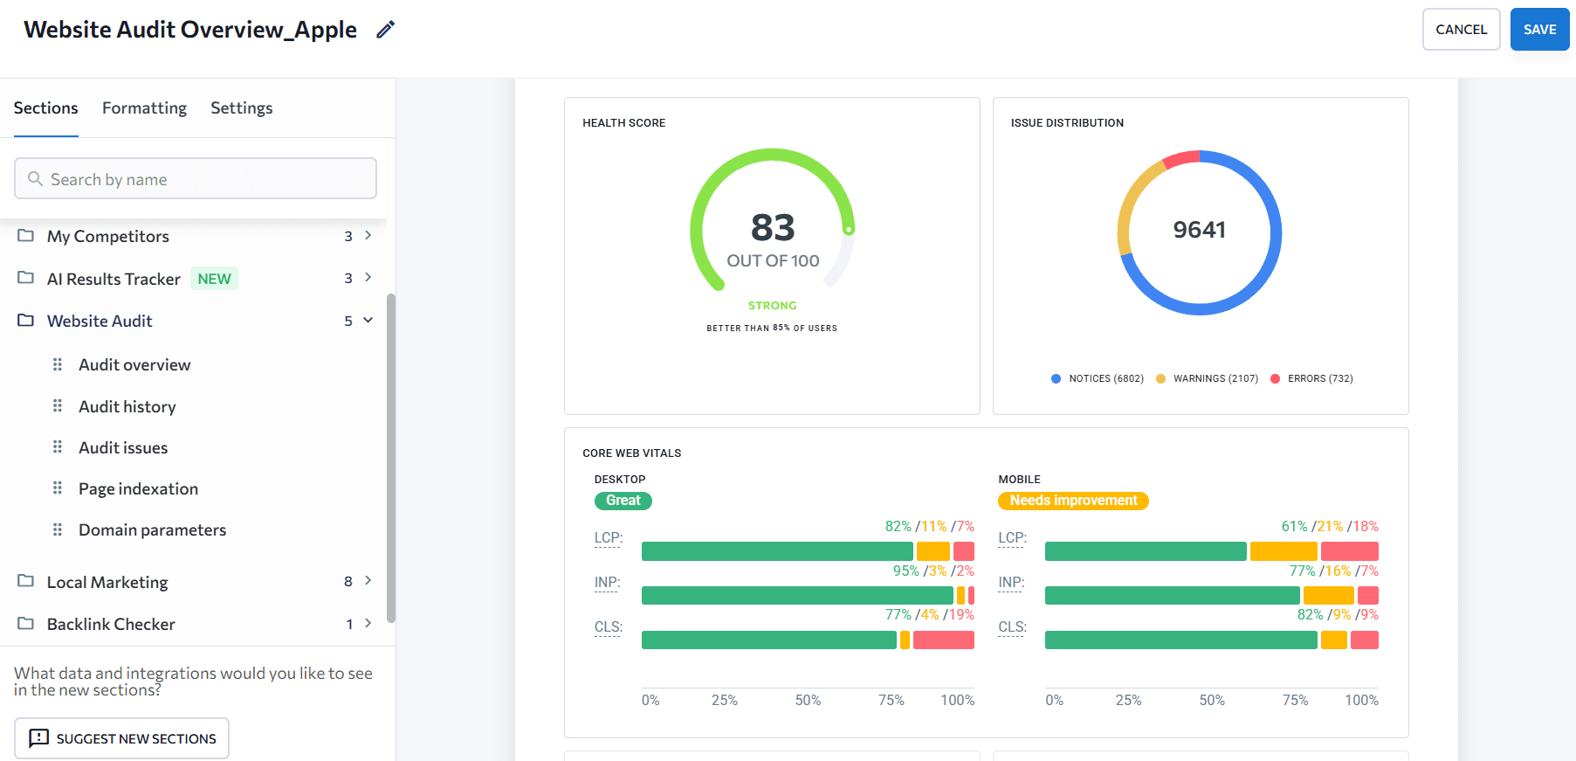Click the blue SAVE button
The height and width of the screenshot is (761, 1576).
1539,30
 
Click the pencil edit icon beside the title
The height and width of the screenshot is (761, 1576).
385,30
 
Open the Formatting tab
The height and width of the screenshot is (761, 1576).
144,108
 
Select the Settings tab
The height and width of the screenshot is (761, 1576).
241,108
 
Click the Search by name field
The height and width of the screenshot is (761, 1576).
196,179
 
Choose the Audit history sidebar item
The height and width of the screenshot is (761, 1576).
127,406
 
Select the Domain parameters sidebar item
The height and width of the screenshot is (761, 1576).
152,530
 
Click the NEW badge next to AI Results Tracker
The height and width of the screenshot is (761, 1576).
214,279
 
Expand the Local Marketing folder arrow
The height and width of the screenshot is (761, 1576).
368,581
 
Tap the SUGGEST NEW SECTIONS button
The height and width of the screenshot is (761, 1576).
121,738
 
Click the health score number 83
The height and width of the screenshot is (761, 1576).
773,228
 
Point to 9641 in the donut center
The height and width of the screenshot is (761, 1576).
1199,230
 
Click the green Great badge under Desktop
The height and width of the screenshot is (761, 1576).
623,501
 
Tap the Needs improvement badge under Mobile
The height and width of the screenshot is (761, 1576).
1073,501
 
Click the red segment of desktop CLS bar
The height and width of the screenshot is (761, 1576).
943,640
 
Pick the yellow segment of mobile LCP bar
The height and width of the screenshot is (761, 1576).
1283,551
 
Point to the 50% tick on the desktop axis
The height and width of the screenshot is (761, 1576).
808,700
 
